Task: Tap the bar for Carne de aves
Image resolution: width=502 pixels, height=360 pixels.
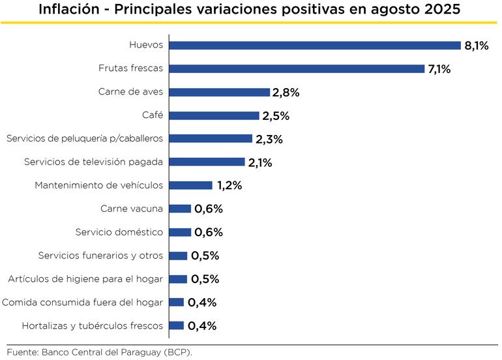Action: [x=219, y=92]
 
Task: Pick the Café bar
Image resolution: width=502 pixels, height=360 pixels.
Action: [x=214, y=115]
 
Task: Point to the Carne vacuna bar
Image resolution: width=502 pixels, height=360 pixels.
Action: [x=180, y=209]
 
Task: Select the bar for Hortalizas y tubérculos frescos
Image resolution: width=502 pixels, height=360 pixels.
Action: [x=176, y=325]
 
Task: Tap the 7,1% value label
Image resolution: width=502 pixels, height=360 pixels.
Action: [x=439, y=69]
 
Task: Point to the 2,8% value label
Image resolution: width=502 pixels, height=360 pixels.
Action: [x=286, y=93]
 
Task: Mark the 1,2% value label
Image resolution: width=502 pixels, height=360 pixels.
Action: [x=229, y=186]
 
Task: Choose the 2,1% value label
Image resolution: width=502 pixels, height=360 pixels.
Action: [x=260, y=162]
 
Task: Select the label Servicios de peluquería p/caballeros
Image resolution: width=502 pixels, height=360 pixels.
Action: [x=84, y=139]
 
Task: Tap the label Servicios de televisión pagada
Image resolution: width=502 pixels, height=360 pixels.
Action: [x=93, y=162]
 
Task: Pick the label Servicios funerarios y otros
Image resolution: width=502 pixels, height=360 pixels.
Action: [x=100, y=256]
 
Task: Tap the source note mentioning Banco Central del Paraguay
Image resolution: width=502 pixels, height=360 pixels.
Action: [x=100, y=352]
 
